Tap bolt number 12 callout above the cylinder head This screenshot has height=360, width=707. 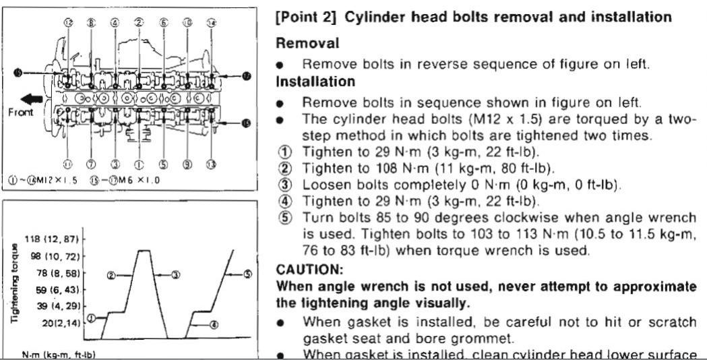coord(68,22)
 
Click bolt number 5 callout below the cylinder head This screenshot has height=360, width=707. coord(164,164)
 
